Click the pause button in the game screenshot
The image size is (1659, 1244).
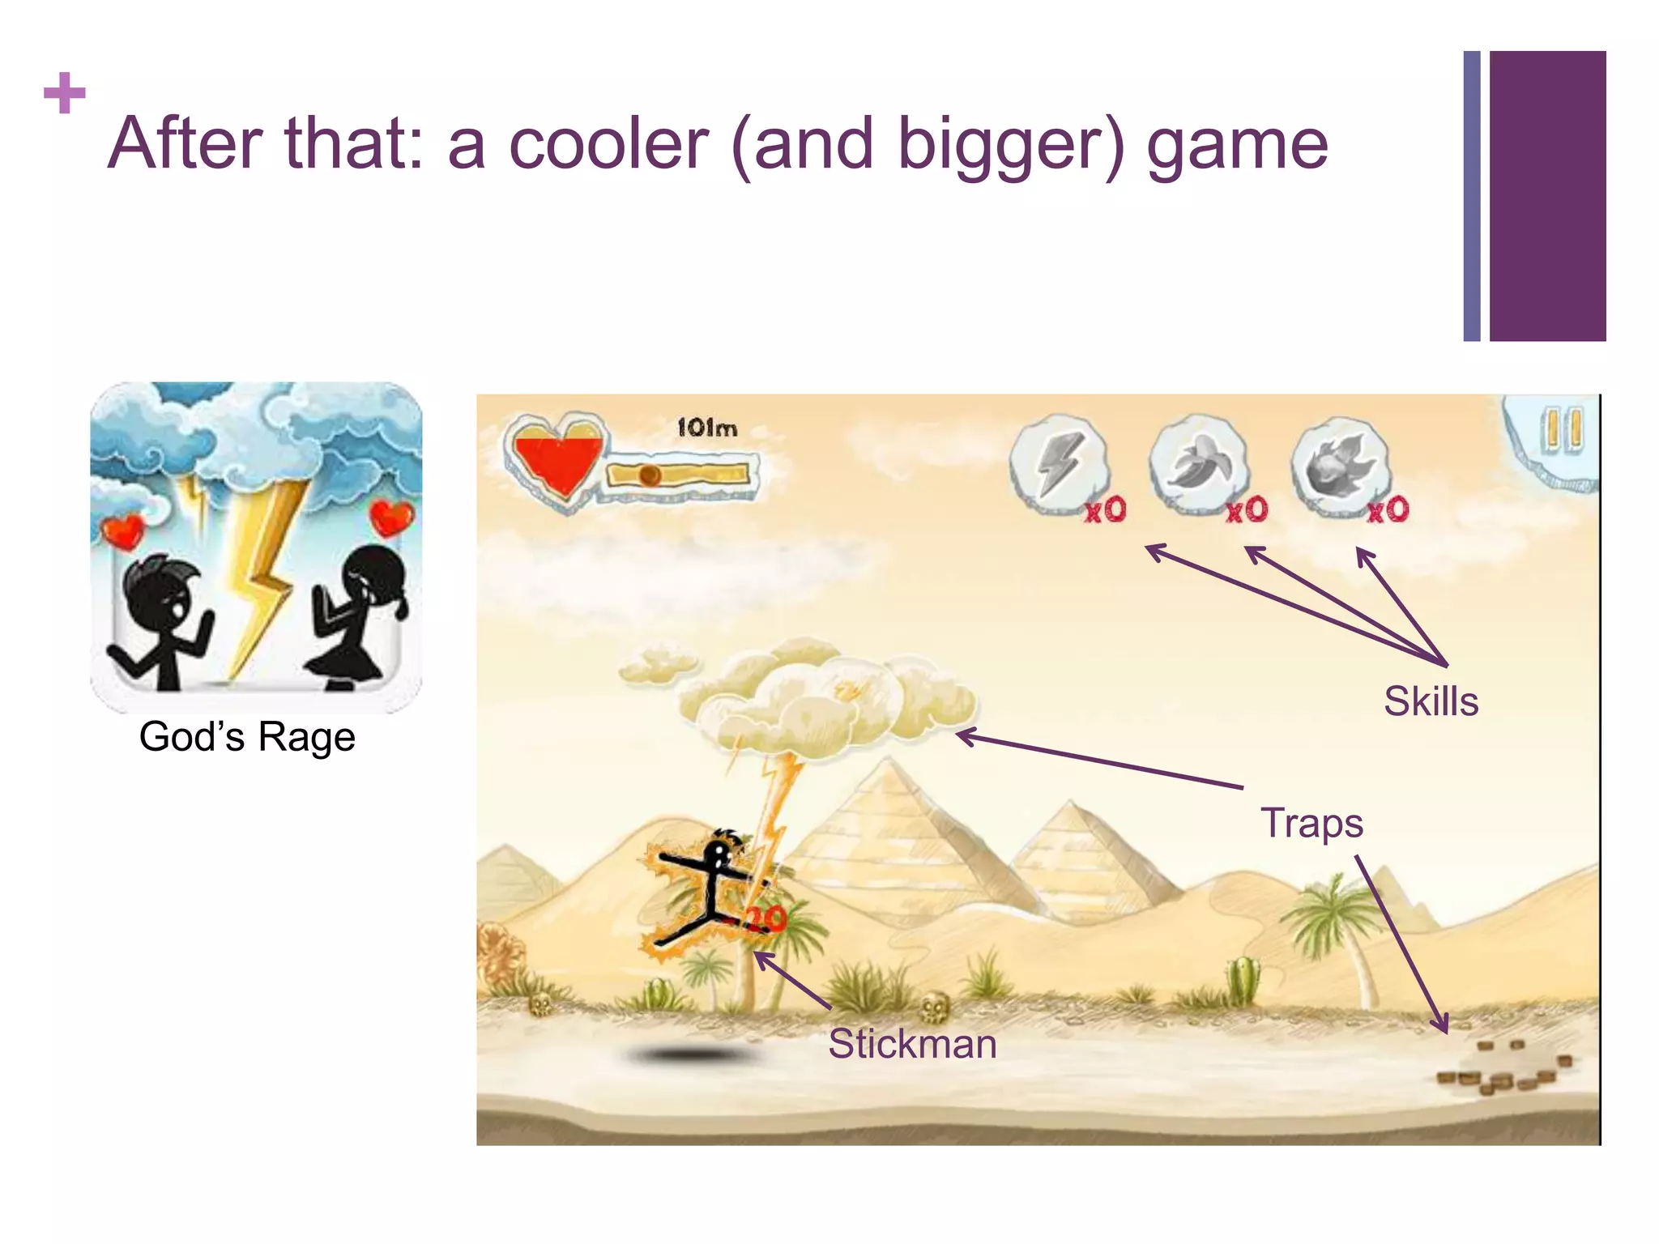(1561, 430)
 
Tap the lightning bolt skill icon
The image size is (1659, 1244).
(1059, 465)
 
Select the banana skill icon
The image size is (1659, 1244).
(1199, 465)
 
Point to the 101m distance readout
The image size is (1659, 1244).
(706, 428)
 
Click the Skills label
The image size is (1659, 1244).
(1431, 701)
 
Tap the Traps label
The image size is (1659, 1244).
(1311, 823)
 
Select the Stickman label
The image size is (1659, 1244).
(912, 1043)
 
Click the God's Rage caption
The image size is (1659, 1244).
(247, 737)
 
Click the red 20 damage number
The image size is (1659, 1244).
(765, 918)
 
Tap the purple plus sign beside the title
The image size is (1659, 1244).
(65, 93)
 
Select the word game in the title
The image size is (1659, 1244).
(1237, 146)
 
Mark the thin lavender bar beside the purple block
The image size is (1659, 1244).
(1471, 196)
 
